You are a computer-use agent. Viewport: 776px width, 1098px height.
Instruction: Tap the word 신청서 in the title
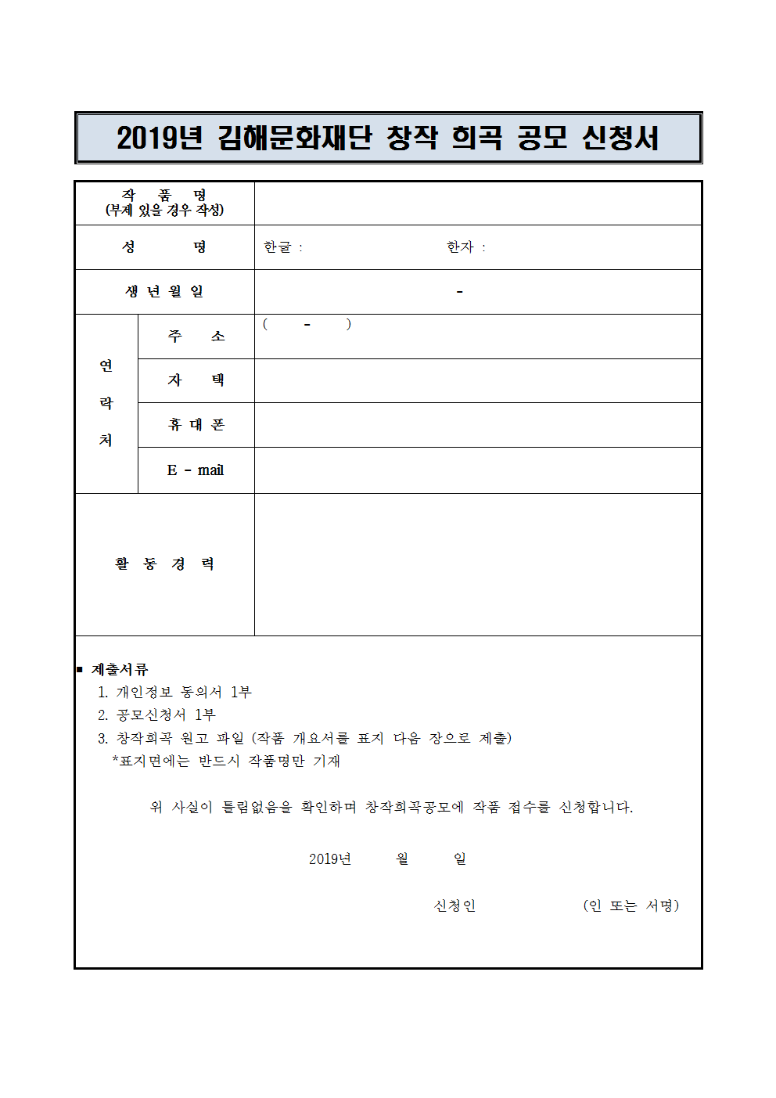[620, 138]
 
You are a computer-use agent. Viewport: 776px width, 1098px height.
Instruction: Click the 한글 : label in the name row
[282, 247]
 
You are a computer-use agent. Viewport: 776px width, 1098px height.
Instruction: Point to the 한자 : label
[465, 247]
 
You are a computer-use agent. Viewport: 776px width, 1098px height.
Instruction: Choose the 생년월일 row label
[164, 292]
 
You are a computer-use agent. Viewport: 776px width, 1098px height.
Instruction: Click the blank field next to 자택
[477, 381]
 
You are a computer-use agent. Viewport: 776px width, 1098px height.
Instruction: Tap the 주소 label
[196, 337]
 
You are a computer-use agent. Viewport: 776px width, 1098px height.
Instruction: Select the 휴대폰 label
[196, 425]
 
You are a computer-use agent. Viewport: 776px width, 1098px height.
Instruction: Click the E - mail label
[196, 470]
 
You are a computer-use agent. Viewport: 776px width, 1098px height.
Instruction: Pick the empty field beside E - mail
[477, 470]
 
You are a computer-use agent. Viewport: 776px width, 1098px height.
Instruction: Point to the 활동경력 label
[164, 564]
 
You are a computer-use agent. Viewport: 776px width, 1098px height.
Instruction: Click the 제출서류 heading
[120, 670]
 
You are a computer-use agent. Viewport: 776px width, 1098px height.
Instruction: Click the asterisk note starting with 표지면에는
[226, 761]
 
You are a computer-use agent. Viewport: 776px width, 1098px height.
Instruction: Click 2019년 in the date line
[329, 859]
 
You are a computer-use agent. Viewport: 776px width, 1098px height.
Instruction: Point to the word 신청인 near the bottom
[454, 906]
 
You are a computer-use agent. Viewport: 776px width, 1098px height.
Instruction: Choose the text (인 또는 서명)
[630, 906]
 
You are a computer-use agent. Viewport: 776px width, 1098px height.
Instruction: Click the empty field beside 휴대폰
[477, 425]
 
